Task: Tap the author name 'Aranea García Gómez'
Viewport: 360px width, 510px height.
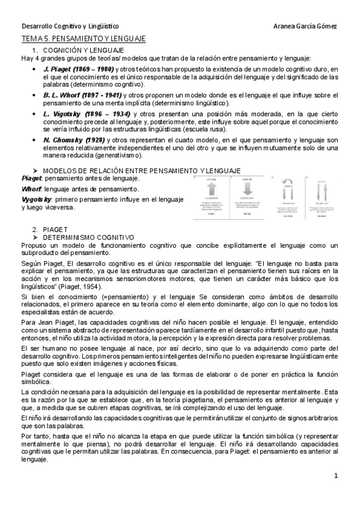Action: [x=305, y=26]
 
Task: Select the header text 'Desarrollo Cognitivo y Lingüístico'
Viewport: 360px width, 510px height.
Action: [x=70, y=26]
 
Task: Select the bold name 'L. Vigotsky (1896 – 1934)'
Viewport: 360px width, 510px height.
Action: [x=82, y=114]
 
